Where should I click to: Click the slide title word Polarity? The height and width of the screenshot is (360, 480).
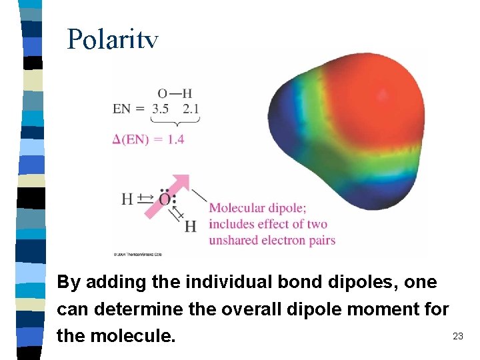pyautogui.click(x=113, y=40)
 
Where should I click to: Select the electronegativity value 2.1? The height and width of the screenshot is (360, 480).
pyautogui.click(x=190, y=108)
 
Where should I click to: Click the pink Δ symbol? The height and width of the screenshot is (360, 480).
pyautogui.click(x=117, y=139)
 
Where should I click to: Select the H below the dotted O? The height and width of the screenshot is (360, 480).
pyautogui.click(x=191, y=227)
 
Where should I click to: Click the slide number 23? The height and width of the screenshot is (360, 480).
pyautogui.click(x=457, y=335)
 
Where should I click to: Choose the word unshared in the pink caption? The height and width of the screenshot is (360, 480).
pyautogui.click(x=234, y=240)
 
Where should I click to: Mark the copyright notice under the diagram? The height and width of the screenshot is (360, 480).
pyautogui.click(x=138, y=254)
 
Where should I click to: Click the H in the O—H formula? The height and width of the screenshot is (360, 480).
pyautogui.click(x=187, y=93)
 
